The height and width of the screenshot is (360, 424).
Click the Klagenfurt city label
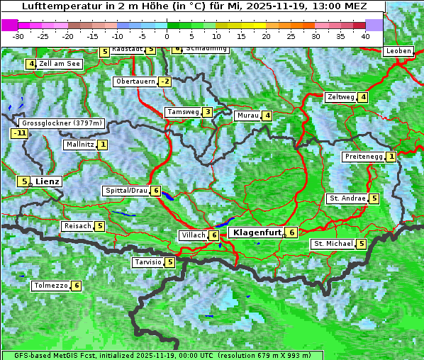coord(253,232)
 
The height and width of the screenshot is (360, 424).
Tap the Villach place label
coord(192,235)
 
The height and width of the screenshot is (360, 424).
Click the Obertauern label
coord(135,81)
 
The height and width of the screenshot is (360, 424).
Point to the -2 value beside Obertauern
coord(164,81)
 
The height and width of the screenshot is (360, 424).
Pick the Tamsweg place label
coord(182,112)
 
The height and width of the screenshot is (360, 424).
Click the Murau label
coord(247,116)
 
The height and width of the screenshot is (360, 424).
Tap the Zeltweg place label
coord(340,97)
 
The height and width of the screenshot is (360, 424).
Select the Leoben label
coord(398,51)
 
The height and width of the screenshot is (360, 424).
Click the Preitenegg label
coord(364,157)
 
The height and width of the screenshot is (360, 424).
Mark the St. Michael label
coord(333,244)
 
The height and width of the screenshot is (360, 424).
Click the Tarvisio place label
coord(147,262)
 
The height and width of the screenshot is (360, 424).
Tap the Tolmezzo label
coord(50,286)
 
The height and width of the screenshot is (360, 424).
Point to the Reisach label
coord(77,226)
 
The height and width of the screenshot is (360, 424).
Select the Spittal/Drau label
coord(126,191)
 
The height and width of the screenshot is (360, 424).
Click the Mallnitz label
coord(79,145)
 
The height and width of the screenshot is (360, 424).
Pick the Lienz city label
coord(48,181)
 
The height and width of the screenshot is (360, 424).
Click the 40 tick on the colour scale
coord(365,35)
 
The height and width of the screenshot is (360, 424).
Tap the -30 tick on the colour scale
coord(18,35)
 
